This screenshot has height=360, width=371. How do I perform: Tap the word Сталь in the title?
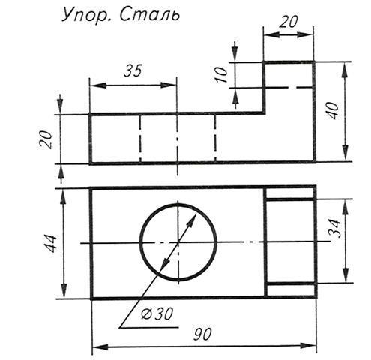tap(149, 14)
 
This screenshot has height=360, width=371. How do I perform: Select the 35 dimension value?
tap(133, 70)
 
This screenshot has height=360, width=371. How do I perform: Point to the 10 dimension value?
tap(222, 74)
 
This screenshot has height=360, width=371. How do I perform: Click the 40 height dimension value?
tap(334, 110)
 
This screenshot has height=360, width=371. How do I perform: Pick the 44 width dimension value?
tap(52, 244)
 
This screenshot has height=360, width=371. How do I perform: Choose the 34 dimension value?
tap(334, 229)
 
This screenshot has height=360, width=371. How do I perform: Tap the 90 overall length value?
tap(202, 334)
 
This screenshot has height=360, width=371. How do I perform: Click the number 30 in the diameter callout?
tap(163, 313)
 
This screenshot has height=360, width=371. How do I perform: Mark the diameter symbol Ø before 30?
tap(146, 314)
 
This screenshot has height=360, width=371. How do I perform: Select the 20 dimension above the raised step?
tap(289, 22)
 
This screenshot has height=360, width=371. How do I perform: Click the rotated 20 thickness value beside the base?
tap(46, 140)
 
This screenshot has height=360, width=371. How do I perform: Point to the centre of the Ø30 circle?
tap(178, 242)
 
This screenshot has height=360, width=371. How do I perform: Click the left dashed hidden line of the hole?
tap(140, 138)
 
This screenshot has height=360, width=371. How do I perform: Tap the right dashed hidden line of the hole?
tap(215, 138)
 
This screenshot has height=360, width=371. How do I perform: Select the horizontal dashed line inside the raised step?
tap(289, 88)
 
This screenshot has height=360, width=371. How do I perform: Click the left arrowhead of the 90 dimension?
tap(100, 346)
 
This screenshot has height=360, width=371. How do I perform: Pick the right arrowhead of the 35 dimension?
tap(169, 85)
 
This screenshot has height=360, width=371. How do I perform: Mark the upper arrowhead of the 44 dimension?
tap(64, 196)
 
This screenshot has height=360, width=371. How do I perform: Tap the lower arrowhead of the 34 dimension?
tap(346, 275)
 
